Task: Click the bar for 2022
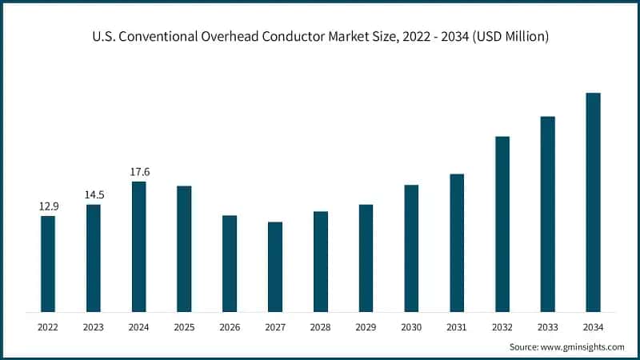point(48,263)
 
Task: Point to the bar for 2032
point(502,223)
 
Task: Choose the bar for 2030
point(411,248)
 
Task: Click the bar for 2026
point(230,263)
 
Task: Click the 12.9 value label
point(48,206)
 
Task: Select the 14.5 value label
point(94,194)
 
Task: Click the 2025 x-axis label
point(184,326)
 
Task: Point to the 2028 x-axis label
point(320,326)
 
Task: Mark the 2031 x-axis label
point(457,326)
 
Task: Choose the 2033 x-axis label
point(547,326)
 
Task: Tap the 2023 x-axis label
point(94,326)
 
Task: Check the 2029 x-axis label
point(366,326)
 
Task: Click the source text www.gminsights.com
point(582,347)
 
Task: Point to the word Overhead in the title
point(237,37)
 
